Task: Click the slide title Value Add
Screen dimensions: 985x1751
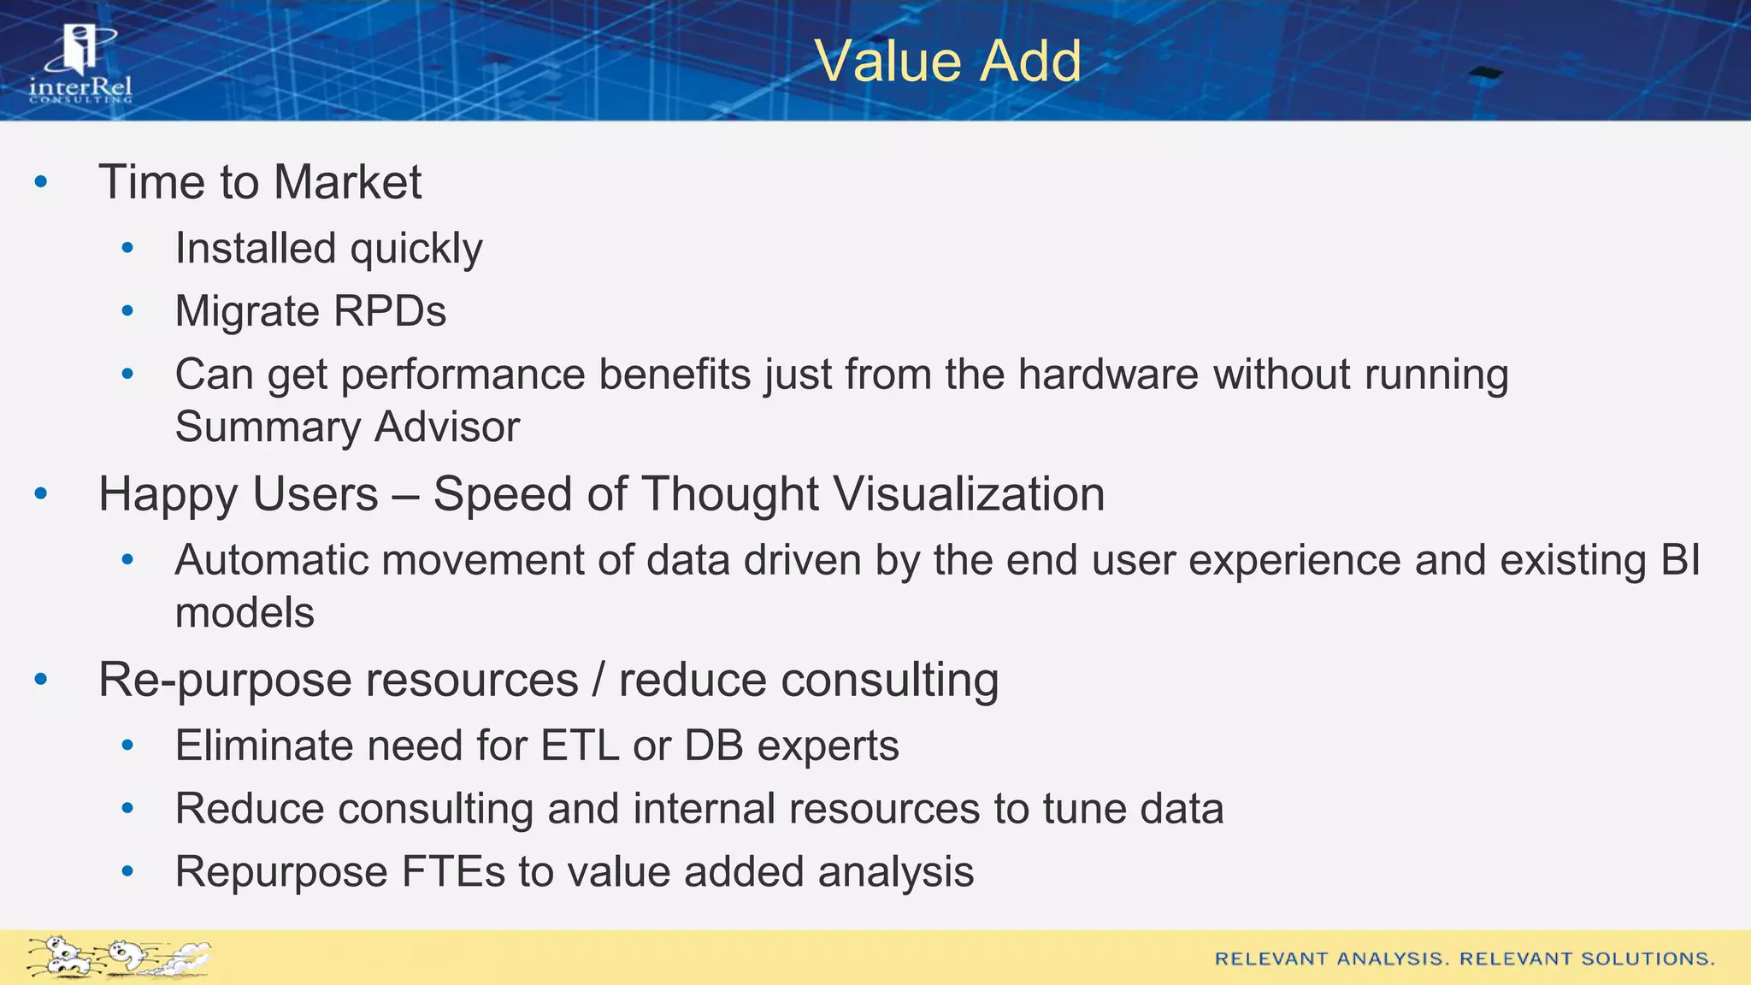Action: tap(947, 62)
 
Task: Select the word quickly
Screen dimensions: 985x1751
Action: tap(416, 250)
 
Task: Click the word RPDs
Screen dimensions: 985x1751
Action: tap(390, 311)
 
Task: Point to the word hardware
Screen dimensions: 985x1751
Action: tap(1108, 375)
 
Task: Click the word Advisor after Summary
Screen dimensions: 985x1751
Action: tap(447, 427)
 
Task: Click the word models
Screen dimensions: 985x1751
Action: tap(245, 613)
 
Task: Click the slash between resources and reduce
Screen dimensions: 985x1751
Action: tap(598, 681)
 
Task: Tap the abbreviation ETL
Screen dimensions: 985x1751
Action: tap(579, 746)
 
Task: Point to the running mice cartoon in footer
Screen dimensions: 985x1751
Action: tap(118, 957)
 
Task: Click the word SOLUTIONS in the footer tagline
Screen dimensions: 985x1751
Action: tap(1647, 958)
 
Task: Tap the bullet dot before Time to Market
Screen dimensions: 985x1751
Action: tap(41, 182)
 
